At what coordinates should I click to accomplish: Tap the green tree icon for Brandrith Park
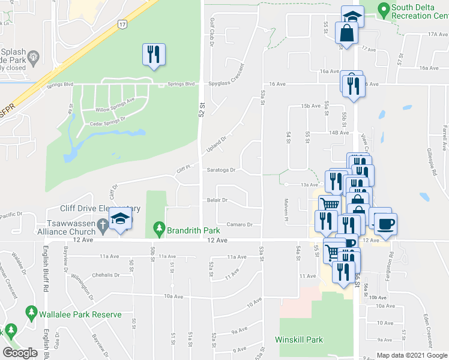tap(159, 228)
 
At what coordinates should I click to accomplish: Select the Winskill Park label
tap(299, 340)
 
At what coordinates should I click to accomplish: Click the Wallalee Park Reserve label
tap(80, 314)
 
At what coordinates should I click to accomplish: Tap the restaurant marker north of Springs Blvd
tap(154, 55)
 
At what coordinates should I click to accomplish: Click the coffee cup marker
tap(385, 223)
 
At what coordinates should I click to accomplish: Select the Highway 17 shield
tap(122, 24)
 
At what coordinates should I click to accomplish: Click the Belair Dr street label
tap(217, 200)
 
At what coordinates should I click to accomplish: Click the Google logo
tap(20, 353)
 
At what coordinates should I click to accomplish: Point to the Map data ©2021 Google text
tap(411, 355)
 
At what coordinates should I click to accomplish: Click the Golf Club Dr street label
tap(212, 32)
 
